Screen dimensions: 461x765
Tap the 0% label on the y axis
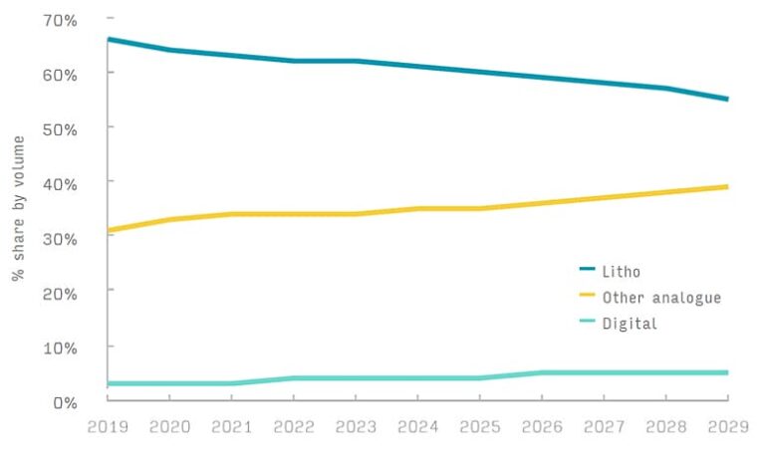tap(66, 400)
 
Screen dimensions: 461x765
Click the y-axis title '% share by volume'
tap(18, 208)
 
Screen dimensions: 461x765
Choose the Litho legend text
tap(623, 271)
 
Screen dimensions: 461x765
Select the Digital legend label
tap(630, 323)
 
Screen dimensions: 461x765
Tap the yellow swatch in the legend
tap(588, 297)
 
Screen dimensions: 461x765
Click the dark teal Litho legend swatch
tap(588, 271)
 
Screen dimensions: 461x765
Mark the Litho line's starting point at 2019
tap(108, 40)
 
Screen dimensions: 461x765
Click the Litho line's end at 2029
tap(727, 100)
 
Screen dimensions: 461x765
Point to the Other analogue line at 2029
tap(727, 186)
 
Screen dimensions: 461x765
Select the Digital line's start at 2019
tap(108, 383)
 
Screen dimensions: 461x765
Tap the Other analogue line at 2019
tap(108, 230)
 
